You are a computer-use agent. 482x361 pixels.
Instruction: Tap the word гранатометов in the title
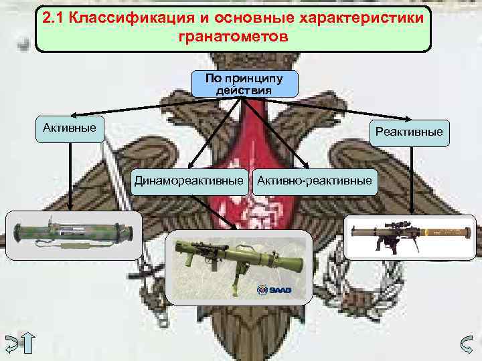coord(234,37)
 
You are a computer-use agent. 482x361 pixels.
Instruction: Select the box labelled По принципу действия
coord(244,84)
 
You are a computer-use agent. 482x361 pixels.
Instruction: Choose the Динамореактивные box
coord(188,180)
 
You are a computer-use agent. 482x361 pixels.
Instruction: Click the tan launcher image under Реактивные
coord(410,236)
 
